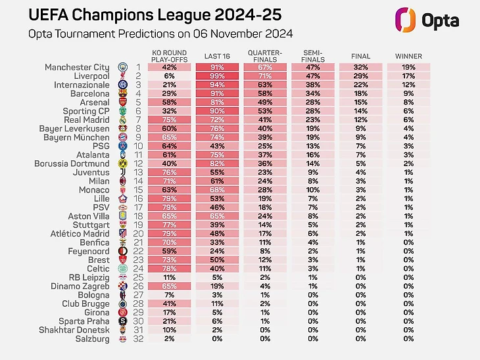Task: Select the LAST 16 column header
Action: pos(217,56)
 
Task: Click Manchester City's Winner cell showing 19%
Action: pos(409,67)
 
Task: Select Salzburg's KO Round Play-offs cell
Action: pos(169,338)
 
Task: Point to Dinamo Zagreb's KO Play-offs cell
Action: pos(169,286)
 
